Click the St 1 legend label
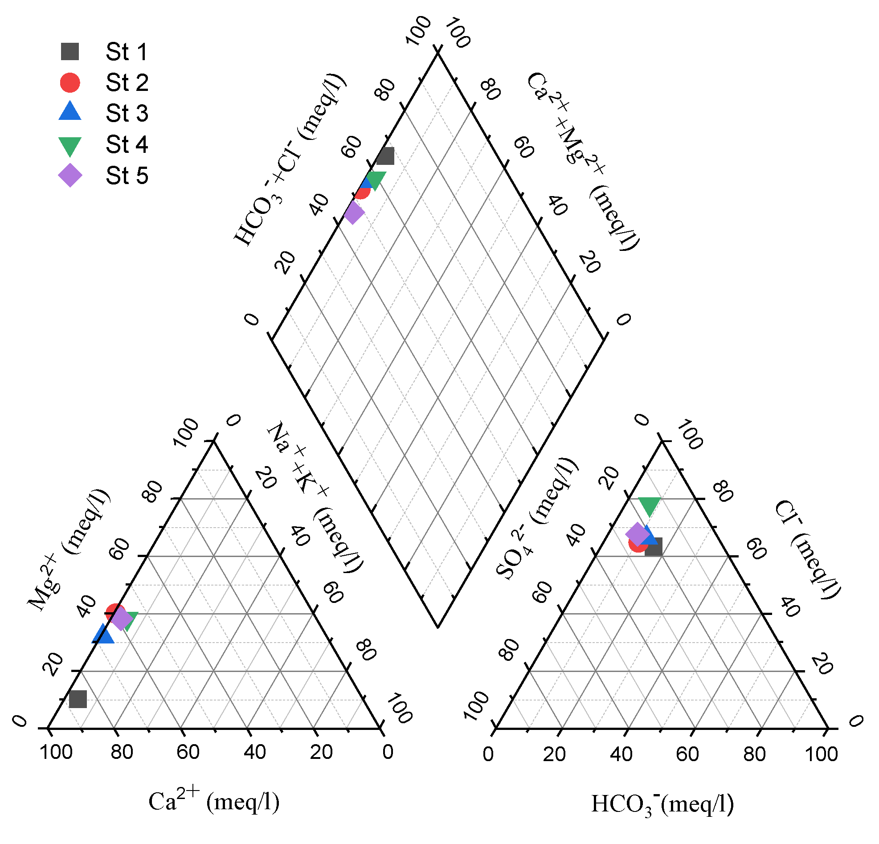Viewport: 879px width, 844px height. (127, 52)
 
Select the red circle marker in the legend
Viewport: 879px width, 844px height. (70, 82)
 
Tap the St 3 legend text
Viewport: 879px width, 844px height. (127, 113)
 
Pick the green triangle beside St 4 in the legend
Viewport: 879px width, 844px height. (70, 146)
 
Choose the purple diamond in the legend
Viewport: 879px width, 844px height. (70, 175)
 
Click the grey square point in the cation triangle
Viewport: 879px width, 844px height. (78, 699)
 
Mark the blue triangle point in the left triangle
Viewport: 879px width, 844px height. (103, 634)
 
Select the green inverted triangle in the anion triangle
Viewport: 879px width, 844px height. (649, 506)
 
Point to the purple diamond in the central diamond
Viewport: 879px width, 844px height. (354, 213)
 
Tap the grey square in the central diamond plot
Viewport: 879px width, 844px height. (385, 156)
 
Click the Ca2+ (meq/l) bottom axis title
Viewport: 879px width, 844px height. (214, 801)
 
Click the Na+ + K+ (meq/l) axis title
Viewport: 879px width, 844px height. (315, 497)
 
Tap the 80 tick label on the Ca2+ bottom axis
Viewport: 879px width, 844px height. (122, 752)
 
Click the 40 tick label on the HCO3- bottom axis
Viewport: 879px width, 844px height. (621, 754)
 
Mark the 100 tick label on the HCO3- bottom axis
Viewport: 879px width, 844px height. (821, 754)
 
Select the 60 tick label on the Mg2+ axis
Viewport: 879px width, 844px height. (119, 549)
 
